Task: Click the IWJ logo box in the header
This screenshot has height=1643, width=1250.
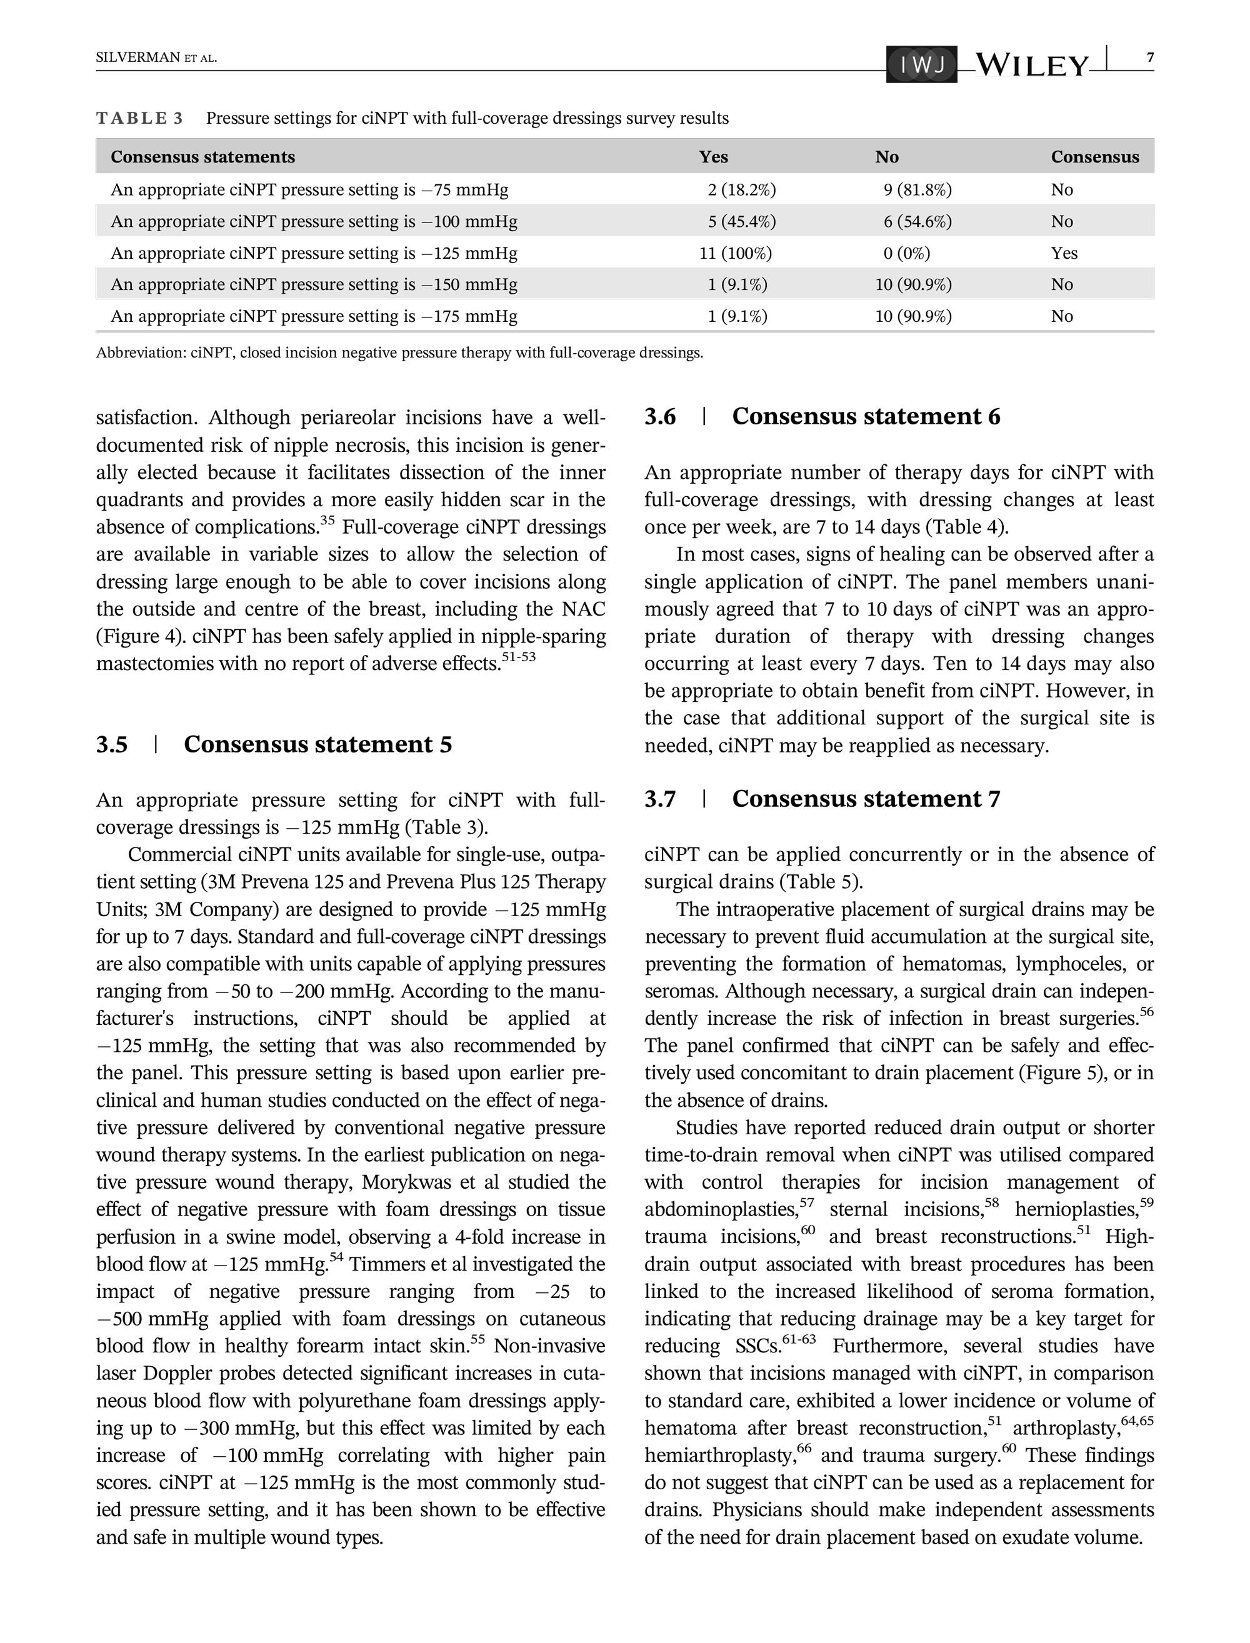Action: coord(921,66)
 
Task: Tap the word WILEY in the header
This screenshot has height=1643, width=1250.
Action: coord(1031,66)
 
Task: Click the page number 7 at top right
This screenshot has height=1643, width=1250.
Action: coord(1150,58)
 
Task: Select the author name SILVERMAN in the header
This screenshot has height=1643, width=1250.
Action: coord(137,58)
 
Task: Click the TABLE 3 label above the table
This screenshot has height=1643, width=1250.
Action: coord(139,118)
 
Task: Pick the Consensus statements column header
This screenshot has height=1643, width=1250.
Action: coord(202,157)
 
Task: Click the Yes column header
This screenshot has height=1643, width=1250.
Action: coord(712,157)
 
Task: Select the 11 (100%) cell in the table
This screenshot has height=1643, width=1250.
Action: coord(735,253)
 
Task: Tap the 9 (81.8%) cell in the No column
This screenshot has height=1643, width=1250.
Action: coord(917,189)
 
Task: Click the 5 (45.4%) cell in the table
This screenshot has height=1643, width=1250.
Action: coord(741,222)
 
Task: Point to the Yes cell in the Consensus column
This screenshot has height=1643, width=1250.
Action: coord(1064,253)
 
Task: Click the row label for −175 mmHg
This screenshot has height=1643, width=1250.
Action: coord(313,316)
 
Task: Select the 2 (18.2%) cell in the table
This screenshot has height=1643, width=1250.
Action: coord(741,189)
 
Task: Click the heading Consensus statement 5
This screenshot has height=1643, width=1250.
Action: coord(317,744)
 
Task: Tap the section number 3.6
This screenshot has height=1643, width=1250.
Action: coord(660,416)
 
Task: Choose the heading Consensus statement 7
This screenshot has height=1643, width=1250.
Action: coord(866,799)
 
